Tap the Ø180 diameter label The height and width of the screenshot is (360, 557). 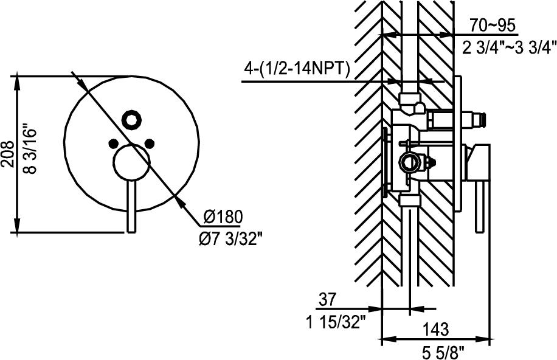[x=223, y=217]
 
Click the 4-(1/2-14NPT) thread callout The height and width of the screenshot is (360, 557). [x=296, y=69]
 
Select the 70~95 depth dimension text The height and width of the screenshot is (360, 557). [x=493, y=26]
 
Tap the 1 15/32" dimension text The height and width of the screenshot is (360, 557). [x=337, y=321]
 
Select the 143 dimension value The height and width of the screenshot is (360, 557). [x=435, y=330]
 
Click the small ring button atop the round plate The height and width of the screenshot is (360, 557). [x=131, y=120]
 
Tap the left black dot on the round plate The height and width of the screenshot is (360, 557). [x=112, y=144]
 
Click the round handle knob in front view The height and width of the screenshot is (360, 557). [x=131, y=164]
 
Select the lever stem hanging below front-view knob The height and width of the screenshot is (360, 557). [x=131, y=207]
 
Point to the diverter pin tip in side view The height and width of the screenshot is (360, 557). [x=484, y=120]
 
